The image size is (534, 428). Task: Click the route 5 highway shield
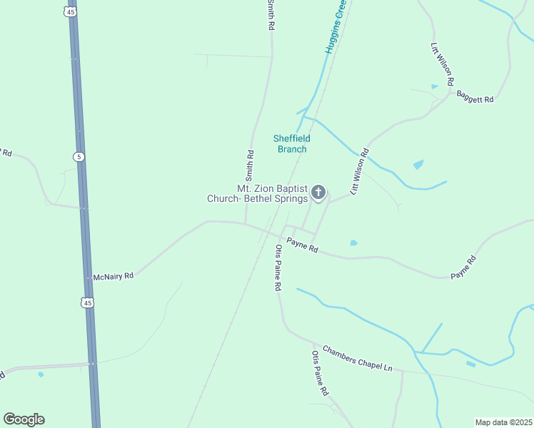[x=78, y=156]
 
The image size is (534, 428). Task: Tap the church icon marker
[x=318, y=192]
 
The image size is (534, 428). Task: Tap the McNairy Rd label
[x=114, y=276]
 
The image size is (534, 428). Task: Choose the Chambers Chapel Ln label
[x=357, y=358]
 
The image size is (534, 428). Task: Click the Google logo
[x=24, y=419]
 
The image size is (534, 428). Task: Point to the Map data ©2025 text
[x=503, y=422]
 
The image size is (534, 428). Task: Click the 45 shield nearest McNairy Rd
[x=87, y=303]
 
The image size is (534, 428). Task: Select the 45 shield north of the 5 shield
[x=69, y=12]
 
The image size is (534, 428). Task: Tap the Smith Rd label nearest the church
[x=250, y=164]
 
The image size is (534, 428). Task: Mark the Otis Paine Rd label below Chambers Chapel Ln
[x=320, y=373]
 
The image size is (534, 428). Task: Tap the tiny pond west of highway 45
[x=41, y=374]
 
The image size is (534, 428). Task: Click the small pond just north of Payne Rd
[x=353, y=243]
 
